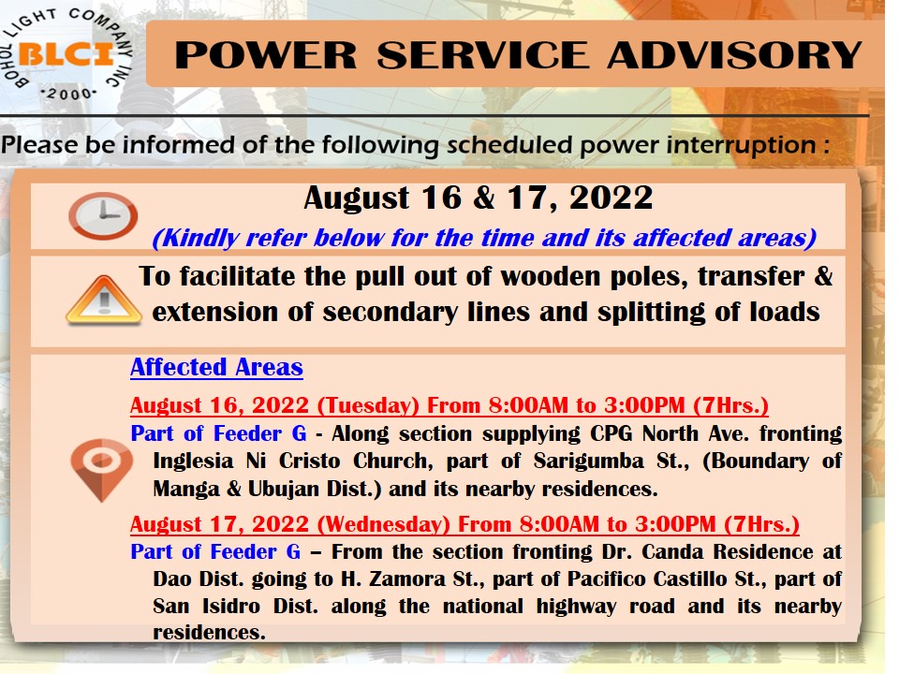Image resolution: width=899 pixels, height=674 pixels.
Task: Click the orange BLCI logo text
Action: (x=66, y=55)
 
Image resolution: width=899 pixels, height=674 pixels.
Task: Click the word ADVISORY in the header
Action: (x=734, y=55)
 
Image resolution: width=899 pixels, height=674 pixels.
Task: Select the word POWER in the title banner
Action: (x=265, y=55)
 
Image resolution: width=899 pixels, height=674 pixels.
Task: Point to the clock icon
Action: (x=103, y=215)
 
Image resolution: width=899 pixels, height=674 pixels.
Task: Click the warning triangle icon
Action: (x=104, y=300)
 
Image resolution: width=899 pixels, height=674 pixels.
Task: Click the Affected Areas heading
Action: (x=216, y=367)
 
